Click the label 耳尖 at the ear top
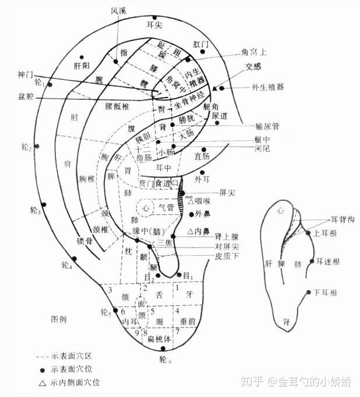[155, 25]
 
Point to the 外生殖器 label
[268, 88]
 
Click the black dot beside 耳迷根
[313, 261]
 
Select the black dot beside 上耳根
[309, 234]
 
